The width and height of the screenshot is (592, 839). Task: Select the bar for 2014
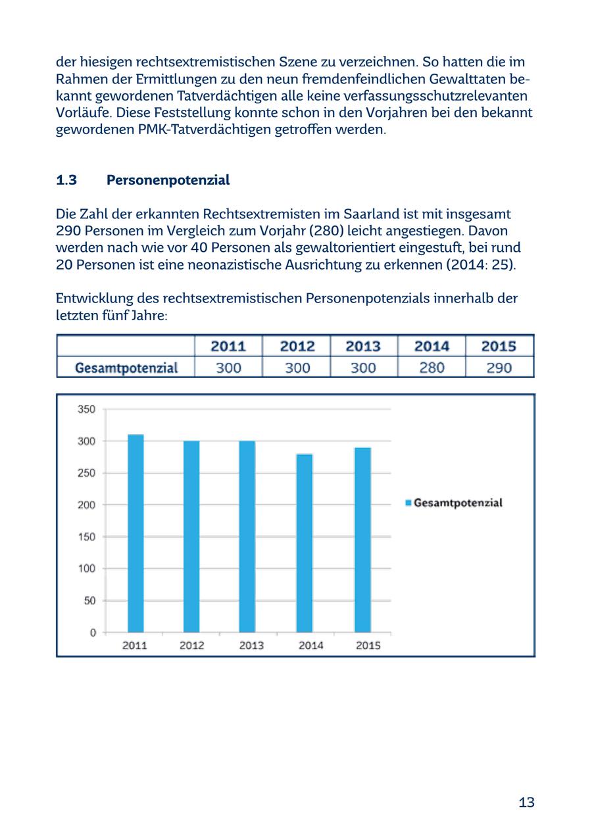pos(305,542)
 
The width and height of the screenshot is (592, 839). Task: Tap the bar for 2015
pos(362,539)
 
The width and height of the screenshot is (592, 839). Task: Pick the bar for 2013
pos(247,536)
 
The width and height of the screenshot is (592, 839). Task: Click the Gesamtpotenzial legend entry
pos(454,503)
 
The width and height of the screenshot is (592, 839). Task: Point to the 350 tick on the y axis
pos(87,409)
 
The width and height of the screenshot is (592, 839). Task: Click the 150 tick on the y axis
pos(87,537)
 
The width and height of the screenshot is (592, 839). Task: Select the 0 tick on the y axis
pos(93,633)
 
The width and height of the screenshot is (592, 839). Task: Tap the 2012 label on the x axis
pos(191,646)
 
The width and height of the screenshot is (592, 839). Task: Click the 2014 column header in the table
pos(432,347)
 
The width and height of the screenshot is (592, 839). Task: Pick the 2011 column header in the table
pos(228,347)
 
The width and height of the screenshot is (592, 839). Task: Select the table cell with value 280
pos(432,368)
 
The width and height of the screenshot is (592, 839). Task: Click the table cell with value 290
pos(499,368)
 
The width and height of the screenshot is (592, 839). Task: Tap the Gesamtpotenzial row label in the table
pos(126,368)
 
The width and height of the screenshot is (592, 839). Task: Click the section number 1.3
pos(66,180)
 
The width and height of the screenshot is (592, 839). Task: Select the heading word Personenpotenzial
pos(168,180)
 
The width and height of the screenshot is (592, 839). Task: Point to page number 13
pos(526,802)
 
